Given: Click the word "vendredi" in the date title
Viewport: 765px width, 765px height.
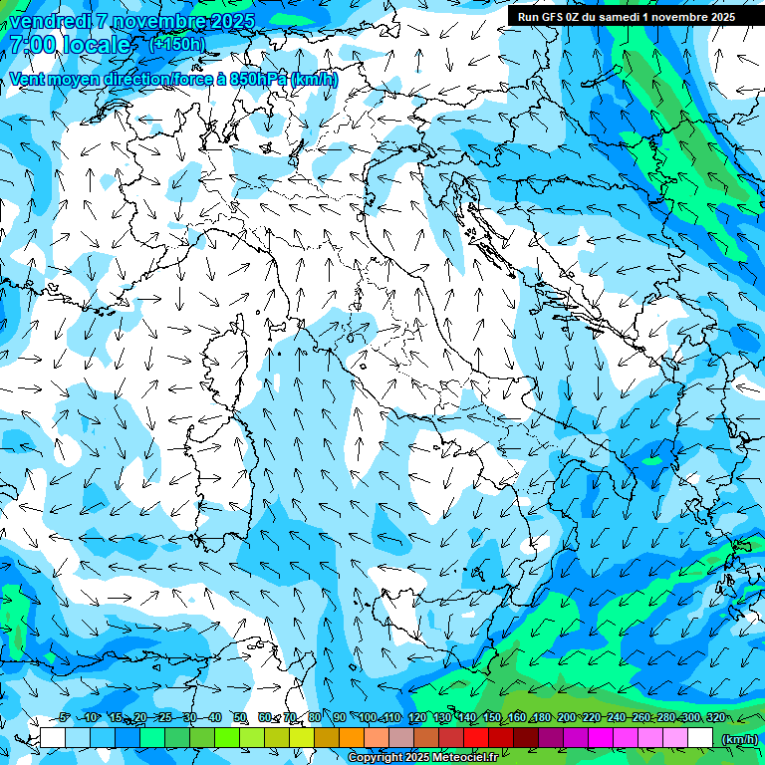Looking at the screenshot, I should tap(49, 20).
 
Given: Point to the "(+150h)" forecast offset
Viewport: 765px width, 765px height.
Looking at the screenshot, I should tap(176, 44).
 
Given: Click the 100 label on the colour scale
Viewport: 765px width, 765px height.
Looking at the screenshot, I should tap(367, 717).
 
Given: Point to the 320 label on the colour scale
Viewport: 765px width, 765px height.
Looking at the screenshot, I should tap(715, 717).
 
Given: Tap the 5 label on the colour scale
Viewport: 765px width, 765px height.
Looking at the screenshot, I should tap(65, 717).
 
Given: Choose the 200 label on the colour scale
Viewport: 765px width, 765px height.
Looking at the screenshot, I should tap(566, 717).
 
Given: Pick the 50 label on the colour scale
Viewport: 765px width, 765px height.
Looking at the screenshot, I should tap(240, 717).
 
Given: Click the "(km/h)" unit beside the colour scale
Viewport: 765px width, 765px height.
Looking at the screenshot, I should tap(738, 738).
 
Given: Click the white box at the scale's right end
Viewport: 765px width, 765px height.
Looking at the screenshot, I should tap(700, 737).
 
